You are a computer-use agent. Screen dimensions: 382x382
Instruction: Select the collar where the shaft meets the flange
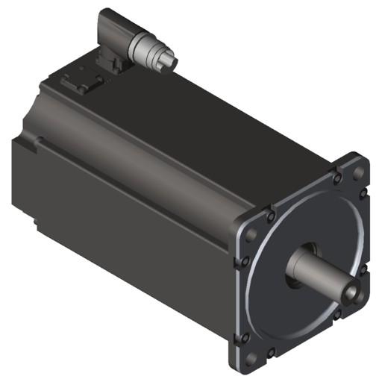[297, 263]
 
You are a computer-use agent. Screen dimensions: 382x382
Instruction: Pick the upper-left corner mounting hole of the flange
[251, 234]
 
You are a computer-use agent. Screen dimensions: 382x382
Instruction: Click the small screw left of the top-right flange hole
[337, 178]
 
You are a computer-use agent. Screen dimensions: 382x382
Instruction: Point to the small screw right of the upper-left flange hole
[271, 216]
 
